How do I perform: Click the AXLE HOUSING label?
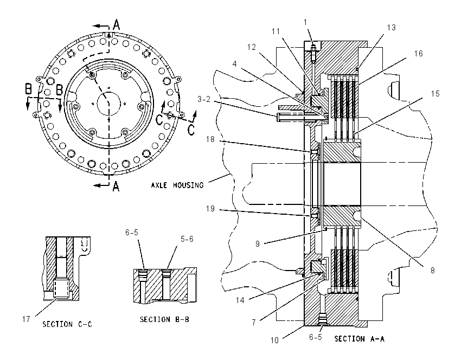177,185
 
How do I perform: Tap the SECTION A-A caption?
359,339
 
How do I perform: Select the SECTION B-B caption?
164,319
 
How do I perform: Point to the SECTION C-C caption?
67,324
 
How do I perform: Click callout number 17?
26,319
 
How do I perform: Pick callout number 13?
392,28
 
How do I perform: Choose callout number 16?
418,54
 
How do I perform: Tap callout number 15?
435,93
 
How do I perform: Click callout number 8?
432,270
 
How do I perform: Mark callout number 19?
210,209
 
